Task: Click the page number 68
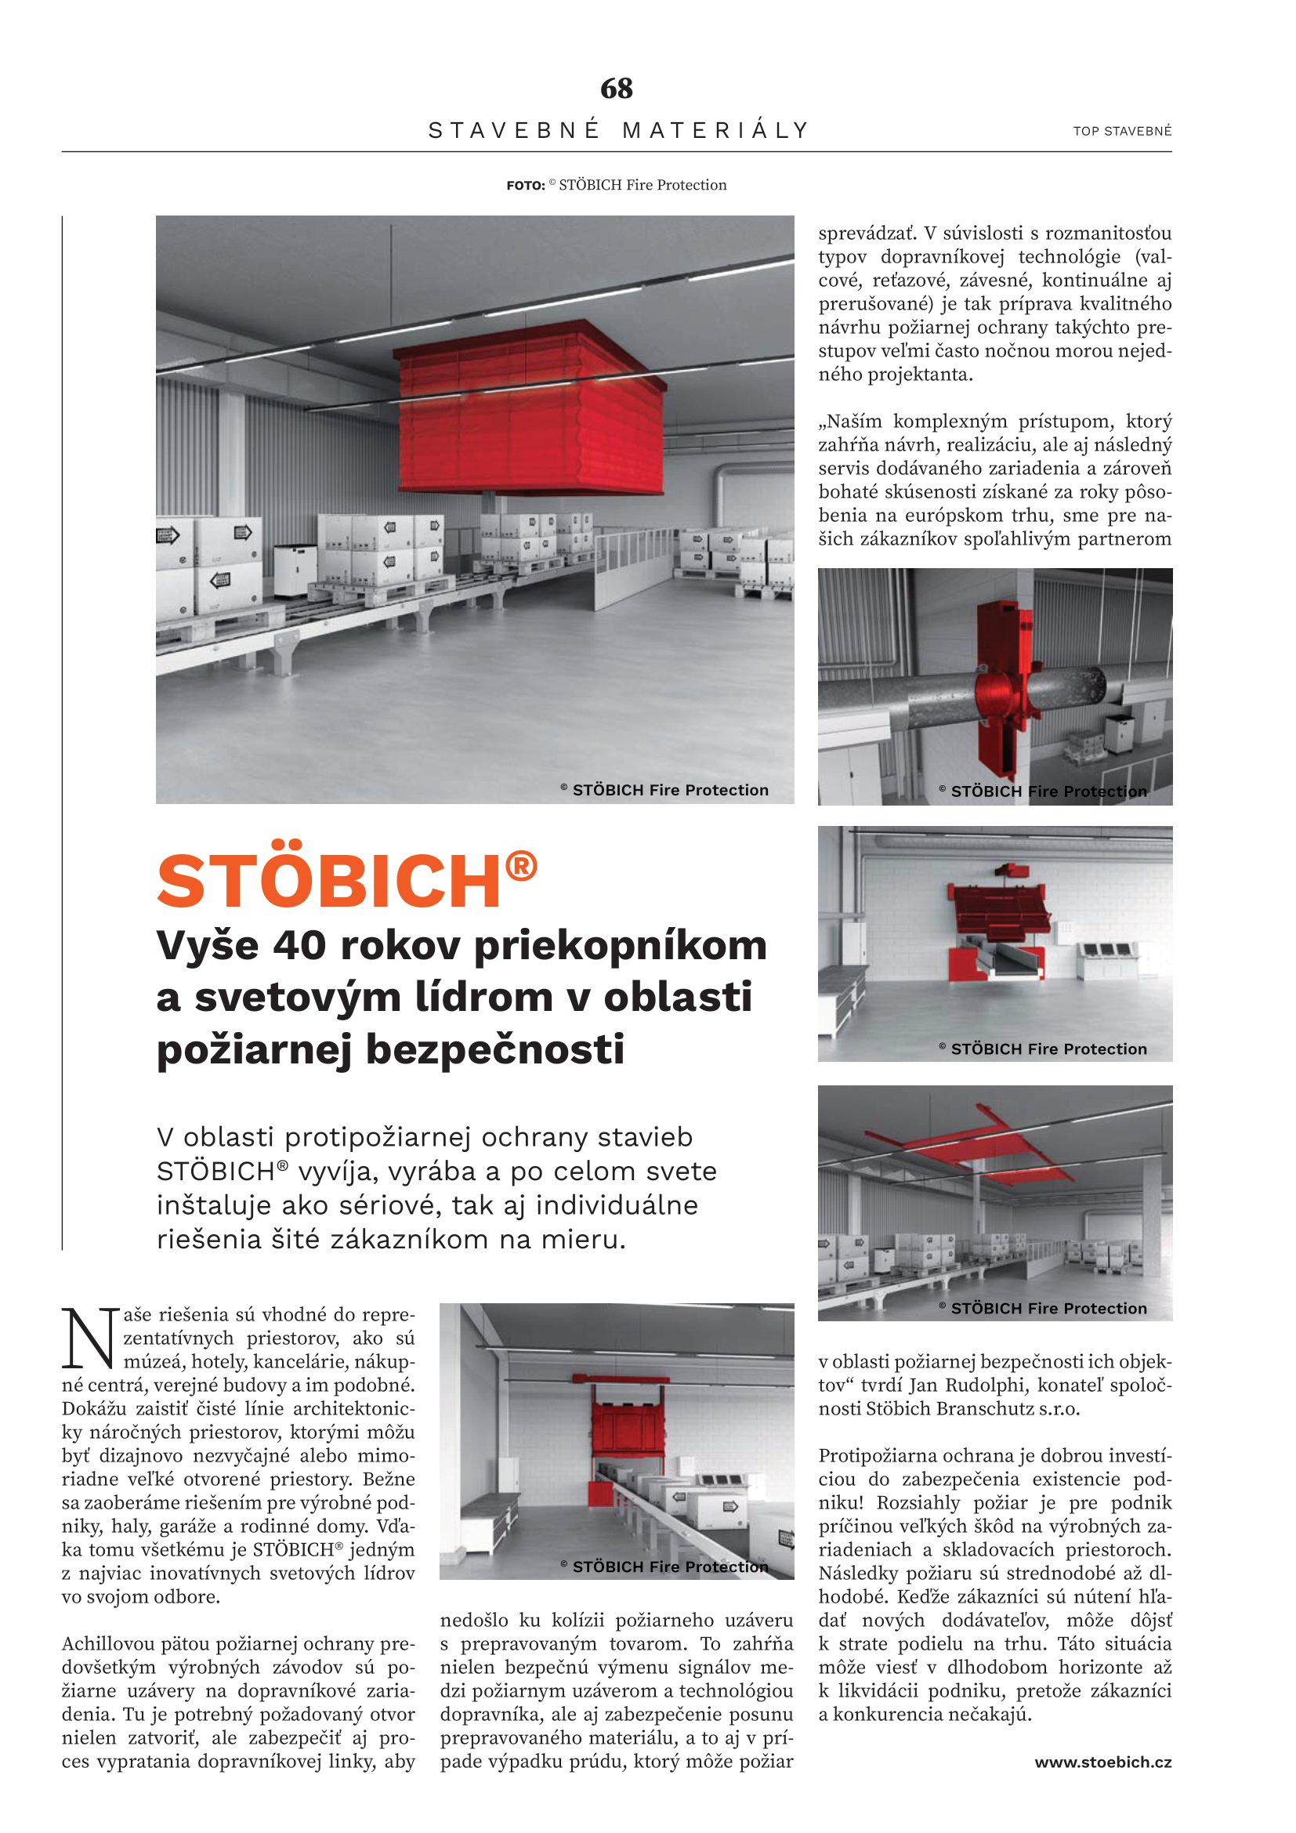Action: (616, 88)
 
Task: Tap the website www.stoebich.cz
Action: (1103, 1762)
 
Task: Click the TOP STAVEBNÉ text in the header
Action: (1122, 131)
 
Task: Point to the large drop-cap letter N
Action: (89, 1337)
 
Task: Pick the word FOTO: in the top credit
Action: (525, 186)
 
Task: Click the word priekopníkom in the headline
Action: (620, 945)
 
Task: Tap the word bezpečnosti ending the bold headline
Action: (494, 1049)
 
